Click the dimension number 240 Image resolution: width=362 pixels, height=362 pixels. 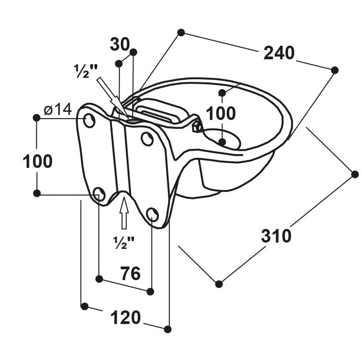point(279,53)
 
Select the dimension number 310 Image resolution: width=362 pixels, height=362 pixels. point(276,236)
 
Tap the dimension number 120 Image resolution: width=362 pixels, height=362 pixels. point(125,318)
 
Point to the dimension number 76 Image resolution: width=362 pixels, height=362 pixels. point(130,273)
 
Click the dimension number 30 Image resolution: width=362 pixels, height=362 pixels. point(120,44)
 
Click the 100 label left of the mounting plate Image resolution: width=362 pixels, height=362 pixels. point(38,161)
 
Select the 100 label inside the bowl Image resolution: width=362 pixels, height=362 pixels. point(220,114)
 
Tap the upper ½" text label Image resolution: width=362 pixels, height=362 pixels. point(86,71)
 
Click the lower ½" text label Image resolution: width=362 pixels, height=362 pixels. point(124,243)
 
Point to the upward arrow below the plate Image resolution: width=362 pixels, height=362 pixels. point(124,213)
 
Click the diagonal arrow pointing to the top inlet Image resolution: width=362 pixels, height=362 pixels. point(112,98)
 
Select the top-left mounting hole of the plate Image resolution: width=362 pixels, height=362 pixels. point(89,120)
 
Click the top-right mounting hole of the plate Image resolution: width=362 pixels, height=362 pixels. point(148,138)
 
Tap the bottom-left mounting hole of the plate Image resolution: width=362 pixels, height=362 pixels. point(99,194)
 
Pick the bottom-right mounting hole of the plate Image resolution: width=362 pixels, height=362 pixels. point(152,214)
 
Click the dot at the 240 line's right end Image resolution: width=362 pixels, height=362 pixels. point(334,70)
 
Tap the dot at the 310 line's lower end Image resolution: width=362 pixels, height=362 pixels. point(219,284)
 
